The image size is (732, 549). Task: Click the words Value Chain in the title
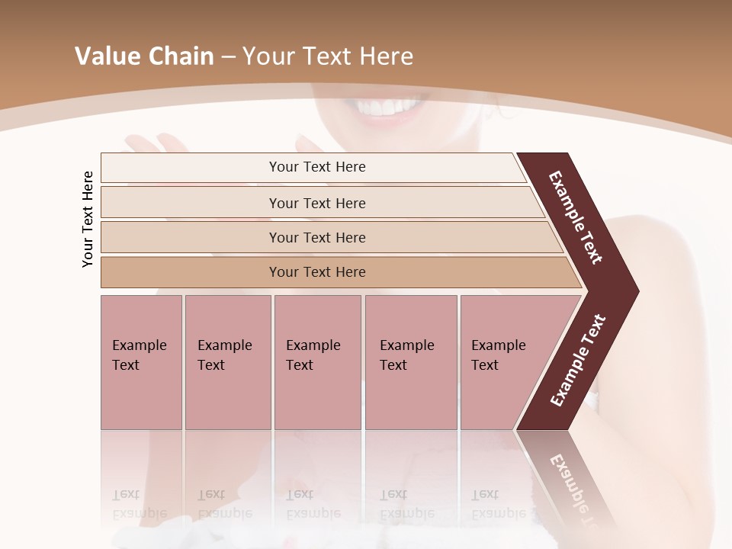point(144,56)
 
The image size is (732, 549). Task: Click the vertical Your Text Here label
point(88,219)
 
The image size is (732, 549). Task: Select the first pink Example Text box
point(141,362)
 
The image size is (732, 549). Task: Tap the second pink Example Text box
point(228,362)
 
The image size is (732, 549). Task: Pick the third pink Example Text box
point(317,362)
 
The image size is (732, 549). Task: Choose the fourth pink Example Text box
point(411,362)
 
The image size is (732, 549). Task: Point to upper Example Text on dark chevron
point(576,217)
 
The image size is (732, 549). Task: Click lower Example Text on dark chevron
point(578,361)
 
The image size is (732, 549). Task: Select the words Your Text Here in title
point(328,56)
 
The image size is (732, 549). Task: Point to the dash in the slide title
point(228,57)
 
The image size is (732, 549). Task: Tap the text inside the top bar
point(317,167)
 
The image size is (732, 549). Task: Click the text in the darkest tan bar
point(317,272)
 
